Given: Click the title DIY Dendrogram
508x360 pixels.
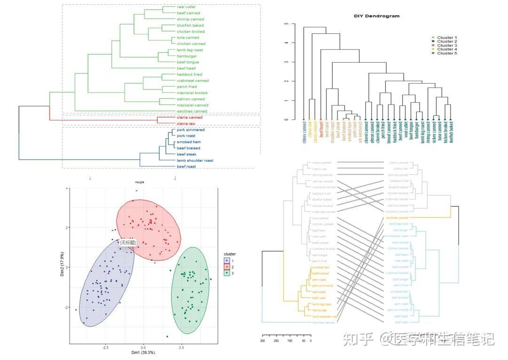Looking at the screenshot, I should coord(376,16).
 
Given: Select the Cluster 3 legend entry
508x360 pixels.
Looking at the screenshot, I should coord(447,46).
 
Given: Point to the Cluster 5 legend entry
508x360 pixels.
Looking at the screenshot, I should coord(447,53).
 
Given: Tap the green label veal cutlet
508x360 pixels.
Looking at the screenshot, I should coord(186,7).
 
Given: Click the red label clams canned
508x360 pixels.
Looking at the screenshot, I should coord(189,117).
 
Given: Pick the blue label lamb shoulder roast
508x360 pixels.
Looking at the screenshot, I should coord(195,160).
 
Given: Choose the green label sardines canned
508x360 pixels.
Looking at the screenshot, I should coord(191,112).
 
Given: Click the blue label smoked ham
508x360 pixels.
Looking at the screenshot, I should coord(188,142).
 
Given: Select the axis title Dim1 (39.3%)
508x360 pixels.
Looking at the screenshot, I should coord(143,352).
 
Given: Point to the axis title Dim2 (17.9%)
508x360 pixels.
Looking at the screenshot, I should coord(62,267).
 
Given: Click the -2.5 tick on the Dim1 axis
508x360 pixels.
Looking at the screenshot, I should coord(106,346).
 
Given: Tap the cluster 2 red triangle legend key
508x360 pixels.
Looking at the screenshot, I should coord(227,266).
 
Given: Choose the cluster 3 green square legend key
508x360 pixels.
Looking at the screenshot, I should coord(227,273).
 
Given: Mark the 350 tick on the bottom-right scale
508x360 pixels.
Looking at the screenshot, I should coord(263,341).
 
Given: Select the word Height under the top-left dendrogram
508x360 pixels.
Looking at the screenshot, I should coord(140,182).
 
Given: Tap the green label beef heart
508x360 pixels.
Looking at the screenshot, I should coord(186,68).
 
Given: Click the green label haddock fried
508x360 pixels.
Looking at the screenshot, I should coord(189,74).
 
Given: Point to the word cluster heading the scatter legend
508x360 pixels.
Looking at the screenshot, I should coord(230,254).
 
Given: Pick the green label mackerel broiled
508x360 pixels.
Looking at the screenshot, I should coord(192,93).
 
